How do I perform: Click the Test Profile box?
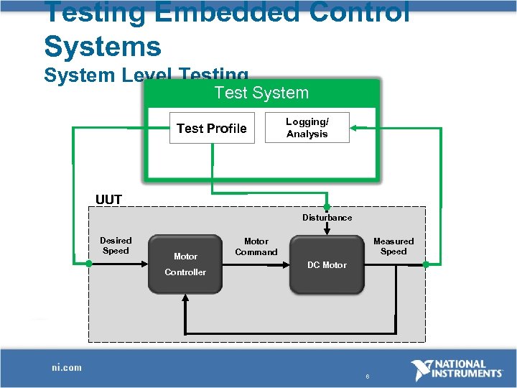(212, 129)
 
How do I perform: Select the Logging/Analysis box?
(307, 128)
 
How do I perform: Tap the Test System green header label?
(261, 93)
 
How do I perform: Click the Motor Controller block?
(185, 264)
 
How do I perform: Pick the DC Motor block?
(327, 264)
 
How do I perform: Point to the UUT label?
(109, 200)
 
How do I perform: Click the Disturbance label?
(327, 217)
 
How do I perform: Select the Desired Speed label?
(116, 246)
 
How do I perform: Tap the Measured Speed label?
(393, 246)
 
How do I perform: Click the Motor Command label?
(256, 246)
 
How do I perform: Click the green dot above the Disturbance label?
(327, 207)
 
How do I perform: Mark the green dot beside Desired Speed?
(89, 264)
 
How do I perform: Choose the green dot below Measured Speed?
(426, 264)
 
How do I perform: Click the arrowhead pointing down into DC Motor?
(327, 231)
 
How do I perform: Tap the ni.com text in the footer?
(67, 368)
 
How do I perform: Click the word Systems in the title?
(103, 46)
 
